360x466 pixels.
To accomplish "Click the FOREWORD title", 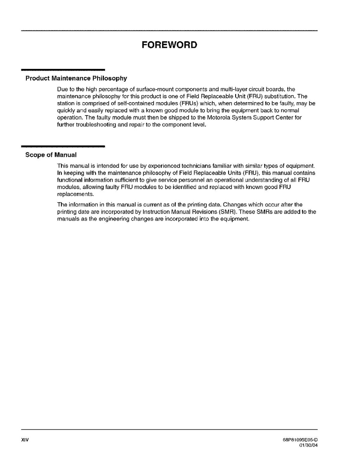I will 169,45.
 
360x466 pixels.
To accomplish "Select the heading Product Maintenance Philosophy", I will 76,79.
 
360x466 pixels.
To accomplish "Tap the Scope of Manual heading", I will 51,155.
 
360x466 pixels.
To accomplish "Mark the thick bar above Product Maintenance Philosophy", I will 63,70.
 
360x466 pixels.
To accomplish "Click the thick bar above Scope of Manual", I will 63,146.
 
